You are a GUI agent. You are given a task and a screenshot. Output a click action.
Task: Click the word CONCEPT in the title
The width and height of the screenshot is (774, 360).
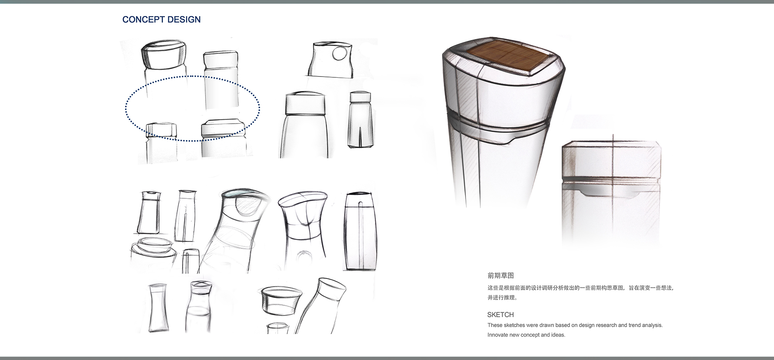[x=142, y=19]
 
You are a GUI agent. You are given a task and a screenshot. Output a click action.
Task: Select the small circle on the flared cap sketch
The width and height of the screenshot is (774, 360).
[x=340, y=53]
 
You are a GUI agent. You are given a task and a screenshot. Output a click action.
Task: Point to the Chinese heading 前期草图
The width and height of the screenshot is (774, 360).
[x=501, y=276]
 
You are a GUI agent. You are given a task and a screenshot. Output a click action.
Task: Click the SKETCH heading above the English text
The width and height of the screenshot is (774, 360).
[x=501, y=315]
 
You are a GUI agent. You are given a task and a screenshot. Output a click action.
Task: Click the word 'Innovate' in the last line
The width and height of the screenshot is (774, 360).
[x=498, y=335]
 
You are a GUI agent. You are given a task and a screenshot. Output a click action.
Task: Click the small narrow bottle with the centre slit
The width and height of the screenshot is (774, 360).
[x=360, y=119]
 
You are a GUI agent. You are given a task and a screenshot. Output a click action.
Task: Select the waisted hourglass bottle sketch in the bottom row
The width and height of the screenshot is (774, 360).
[x=158, y=308]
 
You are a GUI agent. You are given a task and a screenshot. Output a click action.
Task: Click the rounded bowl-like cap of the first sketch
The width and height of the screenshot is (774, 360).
[x=164, y=54]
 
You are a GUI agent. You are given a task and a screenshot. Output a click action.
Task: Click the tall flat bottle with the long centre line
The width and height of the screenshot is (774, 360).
[x=360, y=231]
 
